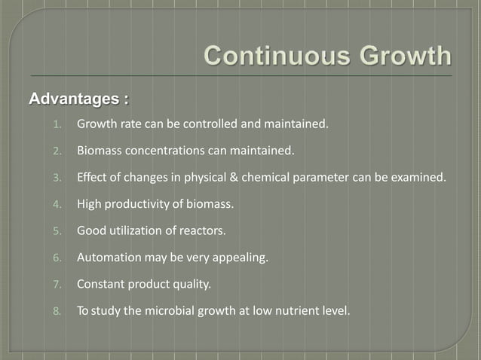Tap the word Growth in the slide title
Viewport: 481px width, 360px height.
tap(400, 56)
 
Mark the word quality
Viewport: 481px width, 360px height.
tap(191, 285)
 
